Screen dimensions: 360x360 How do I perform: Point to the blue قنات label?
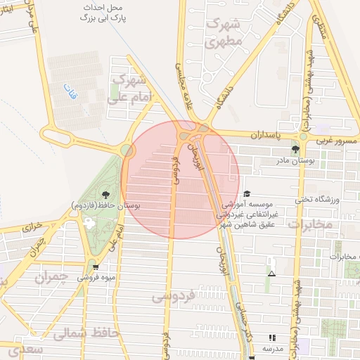(x=69, y=91)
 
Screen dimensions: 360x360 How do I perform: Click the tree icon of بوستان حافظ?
(x=105, y=195)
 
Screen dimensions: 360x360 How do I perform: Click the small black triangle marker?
(x=272, y=273)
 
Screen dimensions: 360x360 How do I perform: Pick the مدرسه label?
(x=273, y=349)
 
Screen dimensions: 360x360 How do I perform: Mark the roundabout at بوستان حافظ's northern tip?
(x=127, y=150)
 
